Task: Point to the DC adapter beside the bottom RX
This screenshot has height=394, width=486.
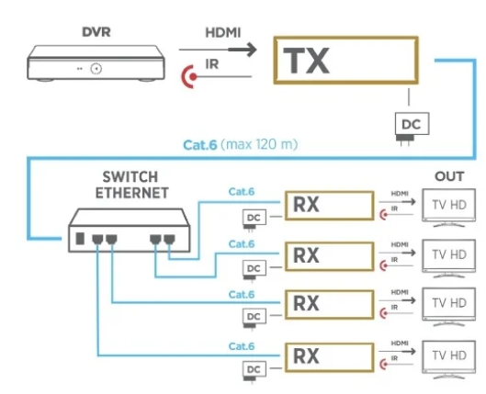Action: coord(252,368)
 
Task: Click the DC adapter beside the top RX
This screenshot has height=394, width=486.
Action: coord(252,219)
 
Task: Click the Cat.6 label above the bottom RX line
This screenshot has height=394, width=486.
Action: coord(241,343)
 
